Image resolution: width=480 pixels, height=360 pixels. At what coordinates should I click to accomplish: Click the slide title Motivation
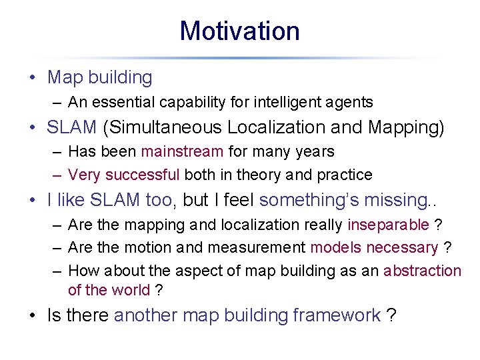(239, 31)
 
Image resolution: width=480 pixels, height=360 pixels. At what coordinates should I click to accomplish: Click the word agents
(350, 102)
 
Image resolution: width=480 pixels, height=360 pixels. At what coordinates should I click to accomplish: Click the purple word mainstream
(182, 151)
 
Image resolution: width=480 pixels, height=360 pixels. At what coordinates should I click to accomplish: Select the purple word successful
(142, 175)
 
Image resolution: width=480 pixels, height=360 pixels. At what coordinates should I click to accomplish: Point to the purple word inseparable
(388, 224)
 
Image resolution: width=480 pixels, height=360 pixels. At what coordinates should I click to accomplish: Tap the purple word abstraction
(422, 271)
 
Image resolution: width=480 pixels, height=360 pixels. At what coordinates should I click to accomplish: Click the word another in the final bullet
(147, 315)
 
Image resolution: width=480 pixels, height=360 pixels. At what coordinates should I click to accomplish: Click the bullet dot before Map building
(32, 78)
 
